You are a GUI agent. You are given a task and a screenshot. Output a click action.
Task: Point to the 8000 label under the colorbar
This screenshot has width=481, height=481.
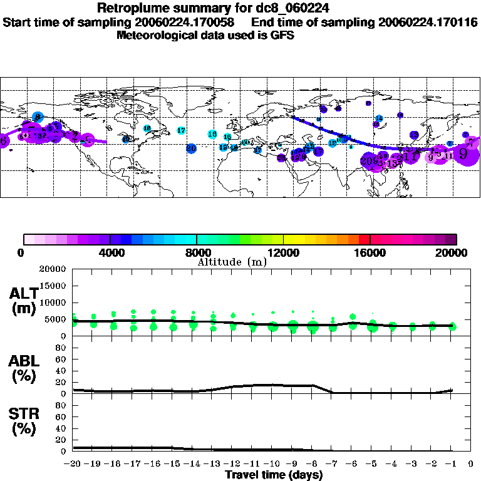[x=197, y=252]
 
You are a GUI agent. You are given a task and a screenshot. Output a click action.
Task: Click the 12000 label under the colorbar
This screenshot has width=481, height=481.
[x=283, y=252]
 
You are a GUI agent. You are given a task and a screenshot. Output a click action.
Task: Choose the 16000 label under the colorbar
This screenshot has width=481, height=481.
[x=370, y=252]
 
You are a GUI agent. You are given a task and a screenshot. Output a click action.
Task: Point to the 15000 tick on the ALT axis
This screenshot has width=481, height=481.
[x=53, y=286]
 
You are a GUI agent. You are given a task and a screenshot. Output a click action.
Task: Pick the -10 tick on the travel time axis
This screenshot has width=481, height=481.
[x=272, y=465]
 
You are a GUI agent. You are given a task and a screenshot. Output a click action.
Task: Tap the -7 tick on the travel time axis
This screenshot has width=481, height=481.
[x=333, y=465]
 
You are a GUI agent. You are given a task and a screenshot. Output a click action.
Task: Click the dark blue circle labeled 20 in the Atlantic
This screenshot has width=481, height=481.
[x=191, y=148]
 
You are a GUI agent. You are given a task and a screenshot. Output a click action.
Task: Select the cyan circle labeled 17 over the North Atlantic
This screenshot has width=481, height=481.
[x=181, y=130]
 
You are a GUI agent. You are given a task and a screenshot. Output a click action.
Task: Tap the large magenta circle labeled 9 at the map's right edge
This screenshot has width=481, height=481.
[x=464, y=153]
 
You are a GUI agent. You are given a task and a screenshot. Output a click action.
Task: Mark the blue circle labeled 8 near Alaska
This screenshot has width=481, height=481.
[x=37, y=116]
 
